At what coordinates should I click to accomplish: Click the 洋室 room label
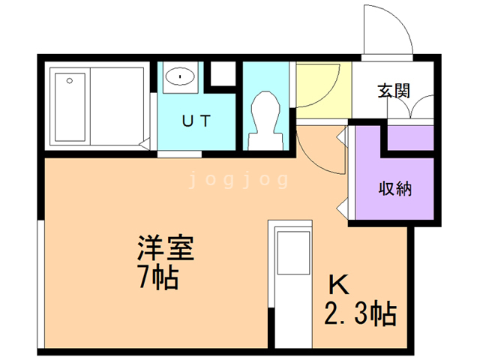[x=166, y=248]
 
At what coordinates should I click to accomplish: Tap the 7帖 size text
[x=157, y=278]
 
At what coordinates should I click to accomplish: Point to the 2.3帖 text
[x=360, y=313]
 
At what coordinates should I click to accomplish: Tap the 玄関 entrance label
[x=393, y=91]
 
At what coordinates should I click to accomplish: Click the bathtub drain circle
[x=69, y=79]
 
